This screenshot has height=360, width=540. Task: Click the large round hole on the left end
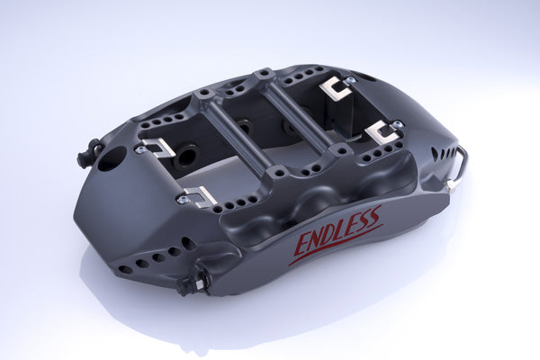coord(112,160)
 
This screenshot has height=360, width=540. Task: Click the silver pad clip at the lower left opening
coord(198,195)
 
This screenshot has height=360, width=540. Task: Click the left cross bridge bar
coord(236,135)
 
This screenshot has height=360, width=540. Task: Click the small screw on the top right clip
coord(350,80)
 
